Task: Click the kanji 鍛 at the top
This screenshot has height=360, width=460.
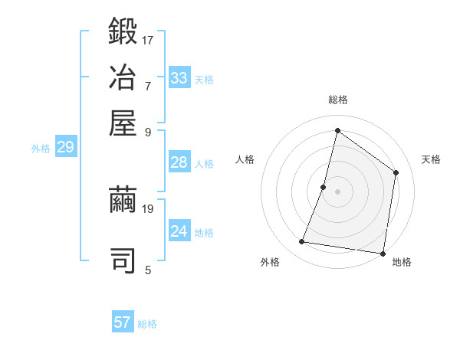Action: click(x=123, y=31)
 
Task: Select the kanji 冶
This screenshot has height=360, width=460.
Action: click(x=123, y=77)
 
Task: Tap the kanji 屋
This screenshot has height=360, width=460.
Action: click(x=123, y=123)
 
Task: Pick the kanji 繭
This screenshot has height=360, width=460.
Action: click(x=123, y=199)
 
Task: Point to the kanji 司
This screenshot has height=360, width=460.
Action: click(x=123, y=260)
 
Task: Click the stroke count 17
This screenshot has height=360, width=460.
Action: click(x=147, y=41)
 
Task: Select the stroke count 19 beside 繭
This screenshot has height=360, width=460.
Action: click(x=147, y=209)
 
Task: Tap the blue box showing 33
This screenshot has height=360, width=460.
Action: click(x=179, y=77)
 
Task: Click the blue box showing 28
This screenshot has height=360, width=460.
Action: click(x=179, y=162)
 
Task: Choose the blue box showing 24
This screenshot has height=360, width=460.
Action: click(x=179, y=230)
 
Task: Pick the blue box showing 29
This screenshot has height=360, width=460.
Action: click(x=66, y=146)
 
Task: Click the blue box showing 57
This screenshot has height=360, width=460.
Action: click(x=123, y=321)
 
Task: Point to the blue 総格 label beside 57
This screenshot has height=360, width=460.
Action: click(x=147, y=324)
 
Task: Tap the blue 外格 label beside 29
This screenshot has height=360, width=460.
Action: click(x=41, y=149)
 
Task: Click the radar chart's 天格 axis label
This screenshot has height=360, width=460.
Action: click(x=431, y=159)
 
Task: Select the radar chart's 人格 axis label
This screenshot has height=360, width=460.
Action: click(x=245, y=159)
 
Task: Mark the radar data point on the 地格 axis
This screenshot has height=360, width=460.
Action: click(x=383, y=254)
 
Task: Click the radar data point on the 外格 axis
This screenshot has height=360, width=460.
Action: click(x=301, y=241)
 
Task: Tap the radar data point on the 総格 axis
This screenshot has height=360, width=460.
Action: click(x=337, y=130)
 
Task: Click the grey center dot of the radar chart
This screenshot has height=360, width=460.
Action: click(x=337, y=191)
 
